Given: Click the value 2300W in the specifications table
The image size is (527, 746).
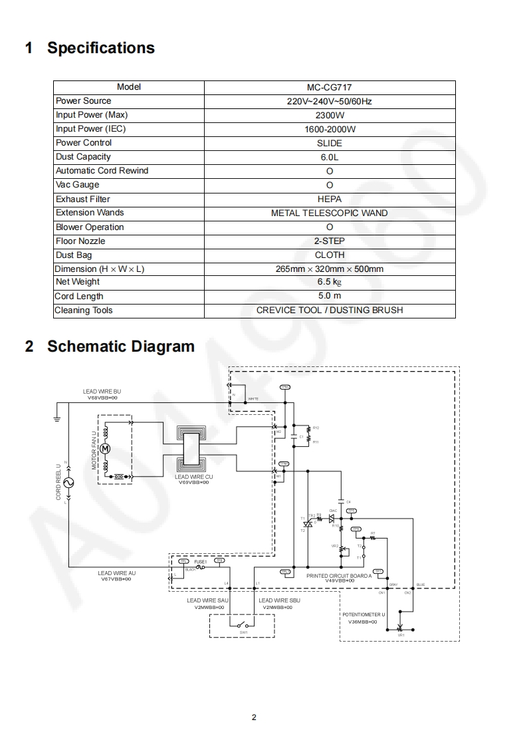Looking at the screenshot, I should point(330,115).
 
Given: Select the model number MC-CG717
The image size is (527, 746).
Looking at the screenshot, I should point(330,87).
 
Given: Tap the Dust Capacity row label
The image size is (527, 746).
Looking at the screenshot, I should point(83,157).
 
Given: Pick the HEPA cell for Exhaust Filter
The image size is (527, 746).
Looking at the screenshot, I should point(330,199).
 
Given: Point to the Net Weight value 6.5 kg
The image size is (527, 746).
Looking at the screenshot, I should point(330,282).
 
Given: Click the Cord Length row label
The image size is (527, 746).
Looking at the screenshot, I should point(79,297).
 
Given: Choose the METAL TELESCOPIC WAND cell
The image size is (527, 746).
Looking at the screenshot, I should point(330,213).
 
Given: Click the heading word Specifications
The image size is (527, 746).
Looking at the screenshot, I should point(101,48).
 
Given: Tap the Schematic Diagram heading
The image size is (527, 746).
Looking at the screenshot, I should point(121,346).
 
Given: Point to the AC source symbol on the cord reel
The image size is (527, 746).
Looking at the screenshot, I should point(67,483).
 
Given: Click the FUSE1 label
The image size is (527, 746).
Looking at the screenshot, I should point(201,562).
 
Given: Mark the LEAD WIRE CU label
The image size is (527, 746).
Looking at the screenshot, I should point(193,477).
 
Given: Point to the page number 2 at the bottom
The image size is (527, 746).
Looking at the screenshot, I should point(254,717).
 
